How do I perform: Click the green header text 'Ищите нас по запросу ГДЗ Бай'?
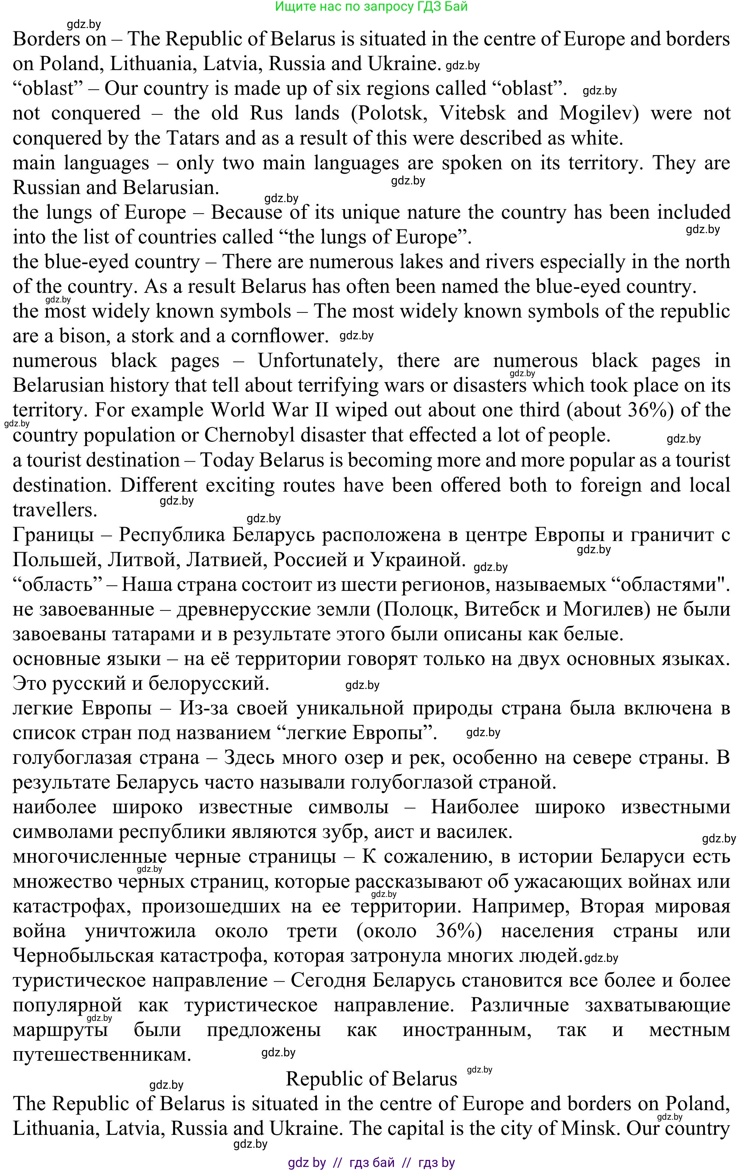[x=371, y=6]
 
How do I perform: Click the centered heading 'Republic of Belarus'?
[x=372, y=1078]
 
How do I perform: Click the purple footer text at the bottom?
[x=371, y=1162]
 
